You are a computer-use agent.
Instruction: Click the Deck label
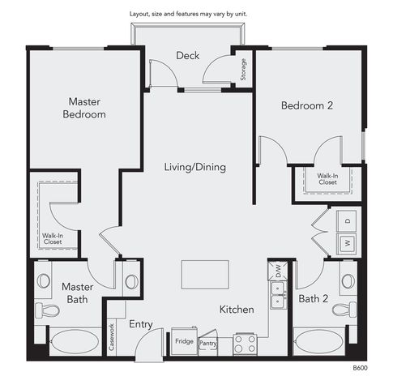(x=188, y=56)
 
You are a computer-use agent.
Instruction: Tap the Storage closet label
(x=243, y=70)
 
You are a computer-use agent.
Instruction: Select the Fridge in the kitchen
(x=184, y=341)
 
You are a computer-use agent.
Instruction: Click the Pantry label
(x=207, y=344)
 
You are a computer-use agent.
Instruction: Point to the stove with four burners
(x=245, y=344)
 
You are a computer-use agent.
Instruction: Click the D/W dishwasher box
(x=278, y=271)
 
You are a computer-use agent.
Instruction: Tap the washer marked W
(x=348, y=243)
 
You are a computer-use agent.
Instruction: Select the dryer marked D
(x=348, y=220)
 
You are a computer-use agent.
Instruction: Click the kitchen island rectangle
(x=205, y=275)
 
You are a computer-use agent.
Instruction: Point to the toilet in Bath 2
(x=344, y=309)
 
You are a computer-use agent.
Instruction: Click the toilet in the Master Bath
(x=47, y=310)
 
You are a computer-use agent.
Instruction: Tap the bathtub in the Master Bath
(x=75, y=342)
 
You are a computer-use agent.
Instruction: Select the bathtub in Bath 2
(x=319, y=341)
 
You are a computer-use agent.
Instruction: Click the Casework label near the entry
(x=111, y=337)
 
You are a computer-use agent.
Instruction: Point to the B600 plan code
(x=360, y=368)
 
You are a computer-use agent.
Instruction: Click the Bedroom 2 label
(x=307, y=105)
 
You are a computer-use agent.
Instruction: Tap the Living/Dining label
(x=195, y=167)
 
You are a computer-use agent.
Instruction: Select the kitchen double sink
(x=278, y=295)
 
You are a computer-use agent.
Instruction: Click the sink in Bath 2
(x=348, y=281)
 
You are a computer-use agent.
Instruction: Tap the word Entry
(x=141, y=324)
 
